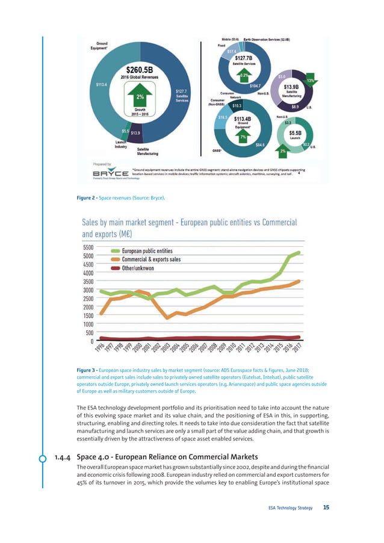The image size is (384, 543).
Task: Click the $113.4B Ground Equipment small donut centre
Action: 243,120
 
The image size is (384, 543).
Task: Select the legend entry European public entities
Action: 147,251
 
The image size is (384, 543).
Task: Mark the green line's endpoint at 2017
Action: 299,253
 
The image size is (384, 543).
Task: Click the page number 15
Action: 326,508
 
